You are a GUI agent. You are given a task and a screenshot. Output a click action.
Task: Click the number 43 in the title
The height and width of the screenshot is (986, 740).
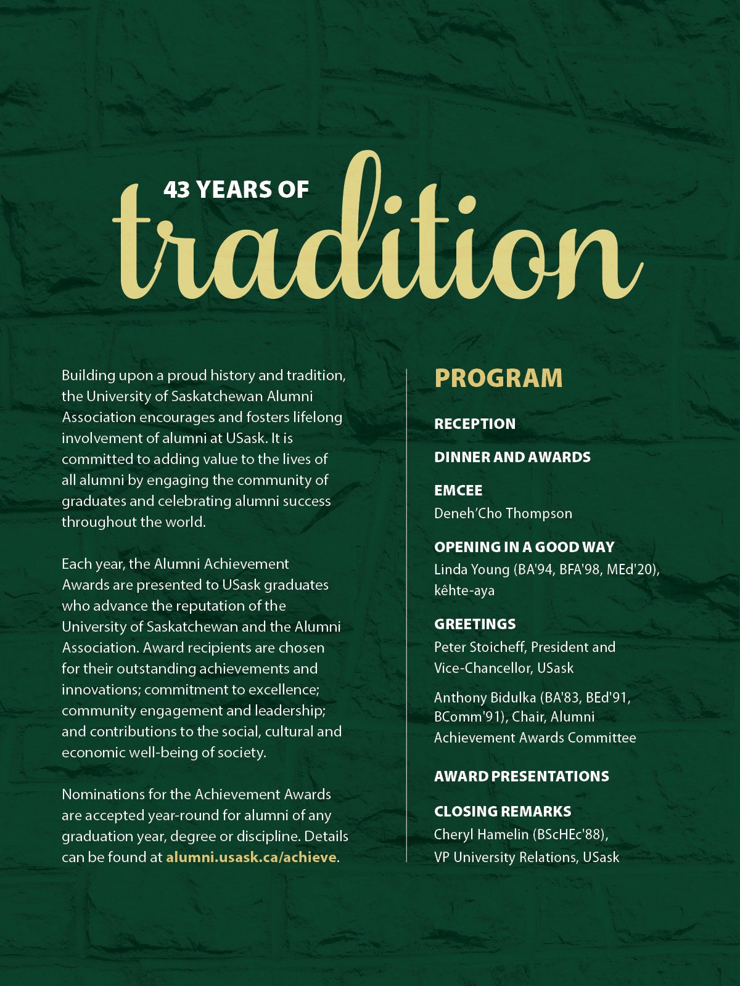(176, 190)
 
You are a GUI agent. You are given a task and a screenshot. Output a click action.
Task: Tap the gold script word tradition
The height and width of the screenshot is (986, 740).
(376, 246)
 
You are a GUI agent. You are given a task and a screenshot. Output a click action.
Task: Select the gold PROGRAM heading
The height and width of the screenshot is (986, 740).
(498, 378)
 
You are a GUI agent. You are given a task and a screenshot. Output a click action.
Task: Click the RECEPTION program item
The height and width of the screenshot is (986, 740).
(475, 424)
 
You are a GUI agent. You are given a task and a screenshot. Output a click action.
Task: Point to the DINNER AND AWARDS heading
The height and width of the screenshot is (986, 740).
(512, 457)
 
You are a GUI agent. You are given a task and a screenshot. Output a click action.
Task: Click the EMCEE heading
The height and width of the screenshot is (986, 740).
(458, 491)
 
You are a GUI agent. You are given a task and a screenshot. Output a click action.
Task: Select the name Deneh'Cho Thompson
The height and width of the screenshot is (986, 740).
(503, 513)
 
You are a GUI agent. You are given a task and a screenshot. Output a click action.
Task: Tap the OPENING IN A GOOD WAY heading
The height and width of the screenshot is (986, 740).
(524, 547)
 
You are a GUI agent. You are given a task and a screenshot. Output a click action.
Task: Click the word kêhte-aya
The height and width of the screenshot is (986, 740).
(464, 590)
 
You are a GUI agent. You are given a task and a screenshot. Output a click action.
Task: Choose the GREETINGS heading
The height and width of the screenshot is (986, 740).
(475, 624)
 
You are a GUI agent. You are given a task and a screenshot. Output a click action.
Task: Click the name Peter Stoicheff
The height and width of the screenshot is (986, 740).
(479, 647)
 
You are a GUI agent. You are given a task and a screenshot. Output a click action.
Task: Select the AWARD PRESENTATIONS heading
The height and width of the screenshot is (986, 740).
(521, 776)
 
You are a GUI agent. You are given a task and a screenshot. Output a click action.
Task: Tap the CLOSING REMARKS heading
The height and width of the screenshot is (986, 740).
(503, 812)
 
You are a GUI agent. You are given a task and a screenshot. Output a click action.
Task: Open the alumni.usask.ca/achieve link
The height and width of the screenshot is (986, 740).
(251, 857)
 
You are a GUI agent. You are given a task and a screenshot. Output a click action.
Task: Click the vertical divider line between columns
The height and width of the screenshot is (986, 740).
(406, 616)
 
